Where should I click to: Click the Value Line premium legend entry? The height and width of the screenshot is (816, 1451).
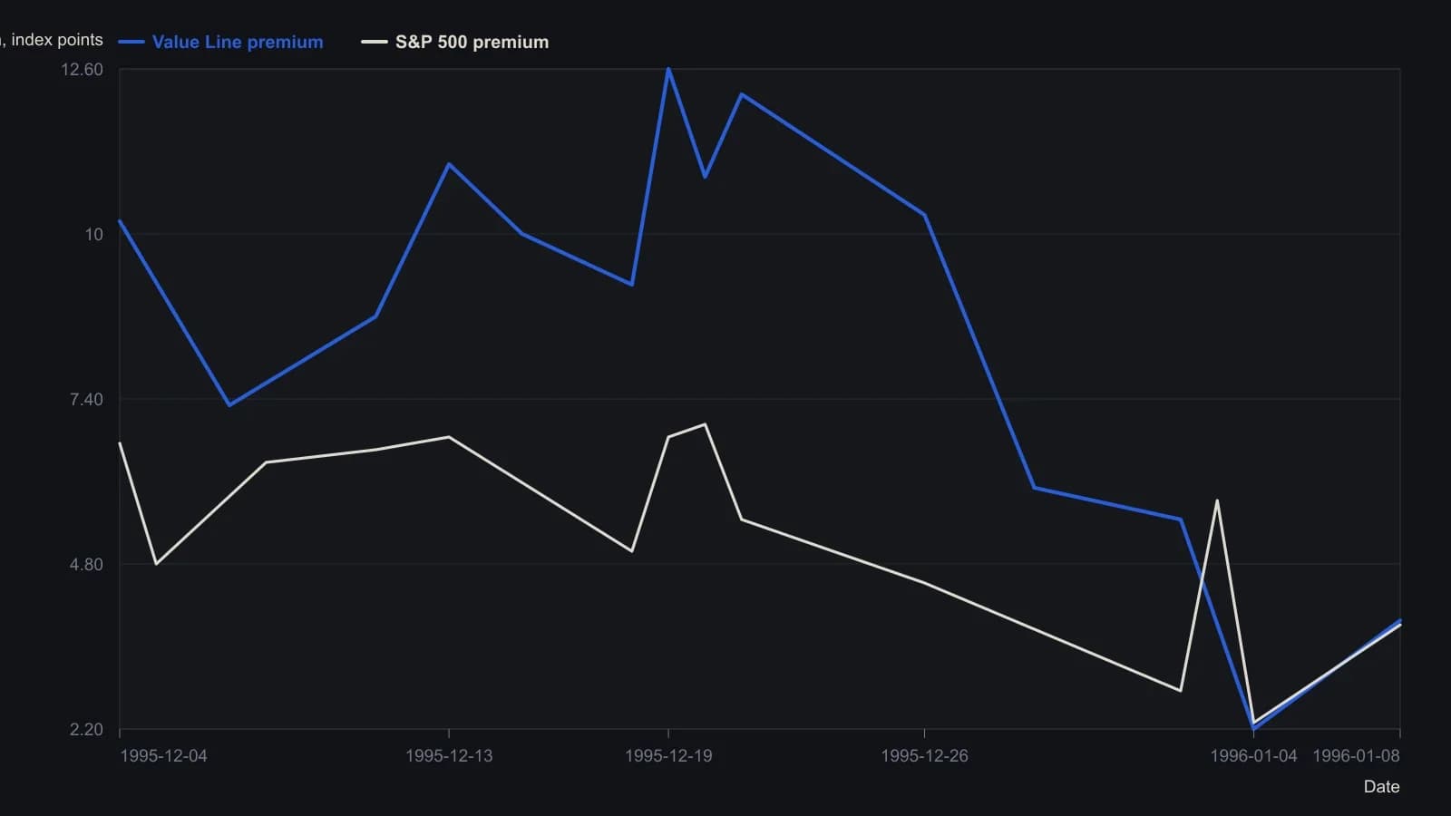[x=220, y=42]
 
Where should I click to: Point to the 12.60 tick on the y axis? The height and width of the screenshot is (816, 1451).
[x=82, y=69]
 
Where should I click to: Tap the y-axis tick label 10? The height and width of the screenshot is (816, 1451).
[x=94, y=235]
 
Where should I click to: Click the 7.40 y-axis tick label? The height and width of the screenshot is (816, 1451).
[x=86, y=400]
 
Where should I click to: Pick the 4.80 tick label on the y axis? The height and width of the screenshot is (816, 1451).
[x=86, y=565]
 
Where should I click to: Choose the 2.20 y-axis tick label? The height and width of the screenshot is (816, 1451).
[x=86, y=730]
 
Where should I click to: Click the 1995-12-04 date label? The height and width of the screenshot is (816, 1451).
[x=164, y=756]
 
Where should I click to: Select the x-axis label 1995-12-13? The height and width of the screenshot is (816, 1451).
[x=449, y=756]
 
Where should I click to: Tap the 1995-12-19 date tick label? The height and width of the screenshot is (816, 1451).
[x=668, y=756]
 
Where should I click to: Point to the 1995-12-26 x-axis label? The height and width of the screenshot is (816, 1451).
[x=924, y=756]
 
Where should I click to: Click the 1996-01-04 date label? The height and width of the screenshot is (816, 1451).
[x=1253, y=756]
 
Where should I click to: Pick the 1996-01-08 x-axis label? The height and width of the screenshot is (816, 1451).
[x=1356, y=756]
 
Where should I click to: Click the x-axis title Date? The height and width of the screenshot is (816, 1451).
[x=1382, y=787]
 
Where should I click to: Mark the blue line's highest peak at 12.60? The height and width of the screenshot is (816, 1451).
[x=668, y=69]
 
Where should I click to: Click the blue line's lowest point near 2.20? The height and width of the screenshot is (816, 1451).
[x=1254, y=729]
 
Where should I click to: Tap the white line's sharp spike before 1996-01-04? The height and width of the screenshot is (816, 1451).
[x=1217, y=500]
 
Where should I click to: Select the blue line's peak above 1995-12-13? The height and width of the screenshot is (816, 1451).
[x=449, y=164]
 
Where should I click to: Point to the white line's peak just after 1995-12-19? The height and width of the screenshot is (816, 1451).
[x=705, y=425]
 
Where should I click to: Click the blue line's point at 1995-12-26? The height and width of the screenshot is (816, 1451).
[x=924, y=215]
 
